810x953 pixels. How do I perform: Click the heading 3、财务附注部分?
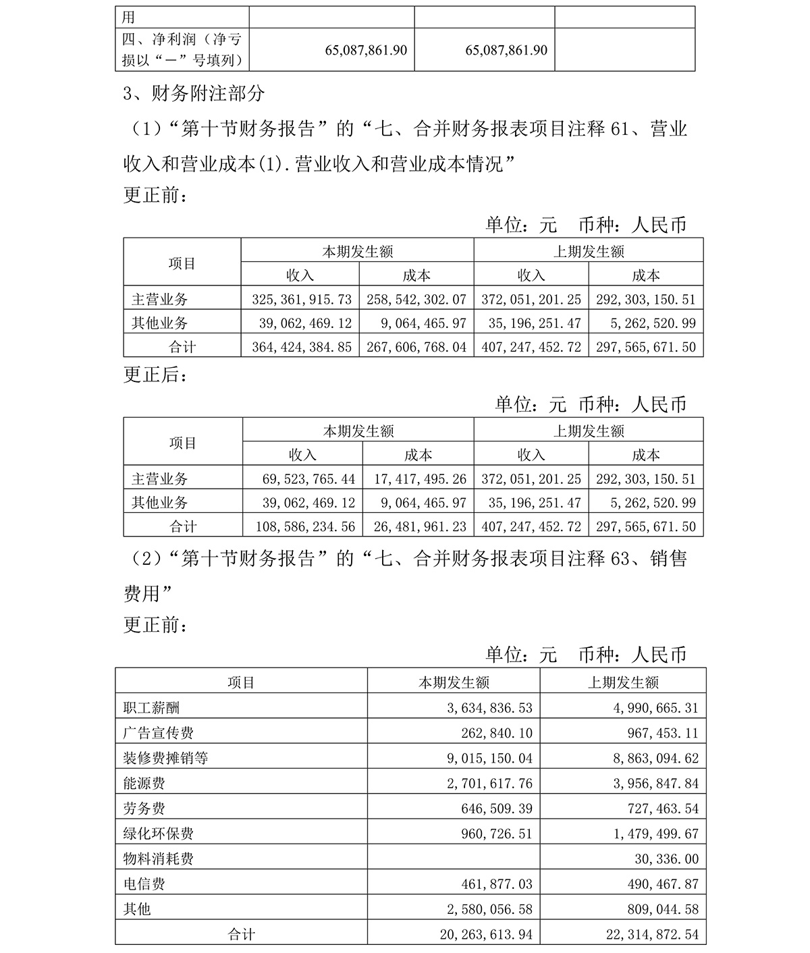194,94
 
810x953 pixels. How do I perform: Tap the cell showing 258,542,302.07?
416,300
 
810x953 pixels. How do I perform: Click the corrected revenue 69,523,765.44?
308,479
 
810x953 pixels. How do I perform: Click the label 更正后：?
153,375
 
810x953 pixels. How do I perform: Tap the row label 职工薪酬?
152,708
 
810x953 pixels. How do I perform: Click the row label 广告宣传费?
159,733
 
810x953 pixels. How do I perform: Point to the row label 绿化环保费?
159,834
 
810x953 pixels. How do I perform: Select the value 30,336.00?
665,859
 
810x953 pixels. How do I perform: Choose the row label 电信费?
144,884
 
